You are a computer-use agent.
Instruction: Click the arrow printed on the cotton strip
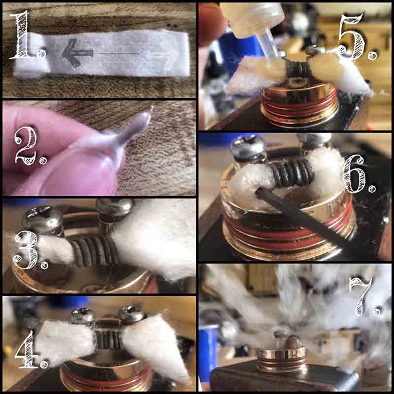[x=78, y=53]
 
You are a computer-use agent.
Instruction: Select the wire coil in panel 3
[x=94, y=251]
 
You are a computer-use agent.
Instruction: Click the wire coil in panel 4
[x=108, y=340]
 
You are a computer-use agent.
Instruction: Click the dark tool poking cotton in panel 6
[x=301, y=216]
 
